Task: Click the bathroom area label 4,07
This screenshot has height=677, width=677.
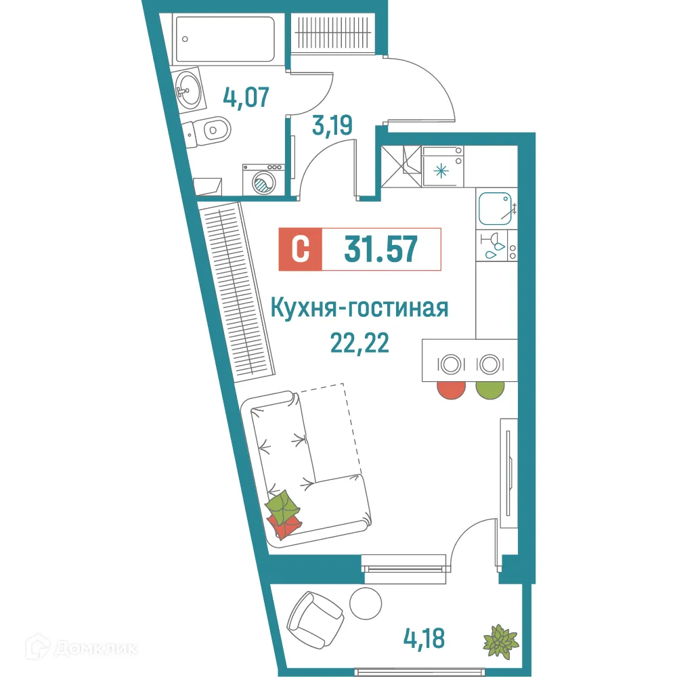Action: click(x=246, y=97)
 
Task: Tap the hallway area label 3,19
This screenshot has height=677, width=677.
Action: click(x=332, y=126)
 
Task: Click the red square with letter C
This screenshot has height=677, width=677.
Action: click(x=300, y=249)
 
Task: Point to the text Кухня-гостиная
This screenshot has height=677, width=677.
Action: click(x=359, y=309)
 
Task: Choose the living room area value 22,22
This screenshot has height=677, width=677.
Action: click(x=359, y=344)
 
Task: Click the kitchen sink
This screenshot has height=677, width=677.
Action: click(x=496, y=209)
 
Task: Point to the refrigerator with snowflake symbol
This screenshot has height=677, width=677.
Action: click(x=441, y=170)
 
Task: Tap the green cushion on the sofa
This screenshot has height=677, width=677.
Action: click(x=282, y=504)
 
